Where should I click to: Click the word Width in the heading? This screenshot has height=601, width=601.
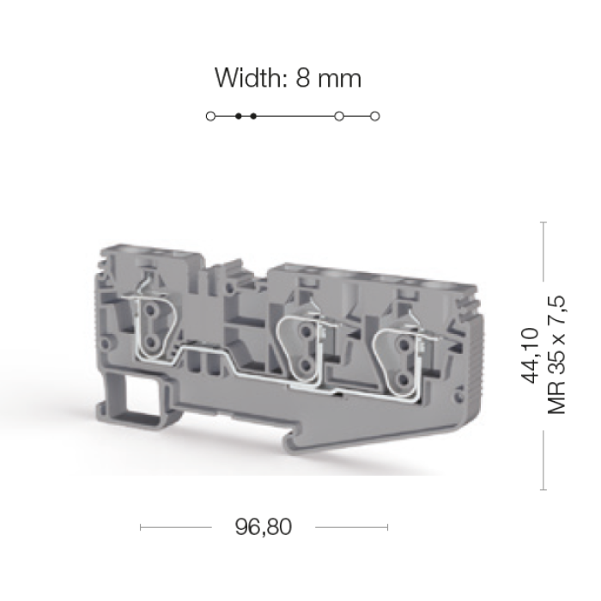click(x=248, y=78)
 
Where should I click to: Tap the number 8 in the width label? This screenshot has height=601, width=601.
click(x=302, y=78)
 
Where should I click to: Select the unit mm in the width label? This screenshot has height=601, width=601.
click(x=340, y=81)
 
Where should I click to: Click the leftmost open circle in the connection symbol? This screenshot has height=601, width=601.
click(x=210, y=116)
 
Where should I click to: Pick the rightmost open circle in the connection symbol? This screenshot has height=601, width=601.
click(x=375, y=116)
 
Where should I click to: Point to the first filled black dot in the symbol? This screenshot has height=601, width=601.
click(x=239, y=116)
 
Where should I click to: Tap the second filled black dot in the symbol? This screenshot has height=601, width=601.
click(x=253, y=116)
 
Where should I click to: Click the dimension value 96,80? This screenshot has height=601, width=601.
click(x=263, y=527)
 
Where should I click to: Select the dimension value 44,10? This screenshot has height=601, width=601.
click(x=531, y=355)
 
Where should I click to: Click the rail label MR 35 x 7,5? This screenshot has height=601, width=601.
click(x=556, y=355)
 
